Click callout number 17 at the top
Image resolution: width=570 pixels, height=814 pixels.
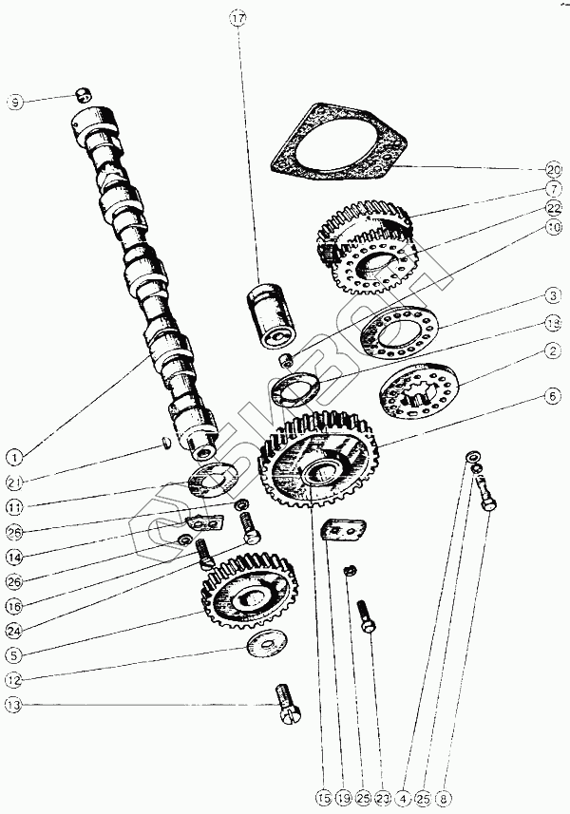click(237, 18)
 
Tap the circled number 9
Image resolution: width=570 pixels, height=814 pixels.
click(15, 102)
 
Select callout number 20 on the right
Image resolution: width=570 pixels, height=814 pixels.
click(553, 169)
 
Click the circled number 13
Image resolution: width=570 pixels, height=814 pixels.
click(14, 705)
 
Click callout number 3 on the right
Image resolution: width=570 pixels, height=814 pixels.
click(553, 295)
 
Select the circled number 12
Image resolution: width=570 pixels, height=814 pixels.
click(14, 678)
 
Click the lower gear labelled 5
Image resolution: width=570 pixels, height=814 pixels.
click(249, 597)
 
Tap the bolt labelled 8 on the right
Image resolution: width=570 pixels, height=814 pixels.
click(489, 494)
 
